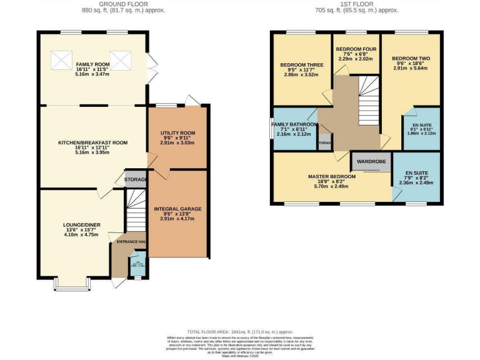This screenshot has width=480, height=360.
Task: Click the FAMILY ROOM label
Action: coord(92,64)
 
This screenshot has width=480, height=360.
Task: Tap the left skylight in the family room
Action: coord(62,60)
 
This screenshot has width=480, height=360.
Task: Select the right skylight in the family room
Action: coord(121,60)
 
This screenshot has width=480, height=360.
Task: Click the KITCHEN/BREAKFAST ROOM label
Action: coord(92,142)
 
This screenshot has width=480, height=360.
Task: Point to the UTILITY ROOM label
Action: coord(178,133)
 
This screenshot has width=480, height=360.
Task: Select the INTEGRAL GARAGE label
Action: coord(177,208)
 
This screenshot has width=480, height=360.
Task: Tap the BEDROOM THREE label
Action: coord(301,65)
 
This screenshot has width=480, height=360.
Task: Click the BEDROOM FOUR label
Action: coord(355,49)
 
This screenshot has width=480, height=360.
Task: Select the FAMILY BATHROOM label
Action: coord(294,125)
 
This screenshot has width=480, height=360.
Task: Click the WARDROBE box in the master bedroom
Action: coord(371,161)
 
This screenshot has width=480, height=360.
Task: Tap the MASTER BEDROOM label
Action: coord(331,177)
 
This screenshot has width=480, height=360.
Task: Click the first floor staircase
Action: coord(367,100)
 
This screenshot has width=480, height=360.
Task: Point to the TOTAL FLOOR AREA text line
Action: coord(240,331)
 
